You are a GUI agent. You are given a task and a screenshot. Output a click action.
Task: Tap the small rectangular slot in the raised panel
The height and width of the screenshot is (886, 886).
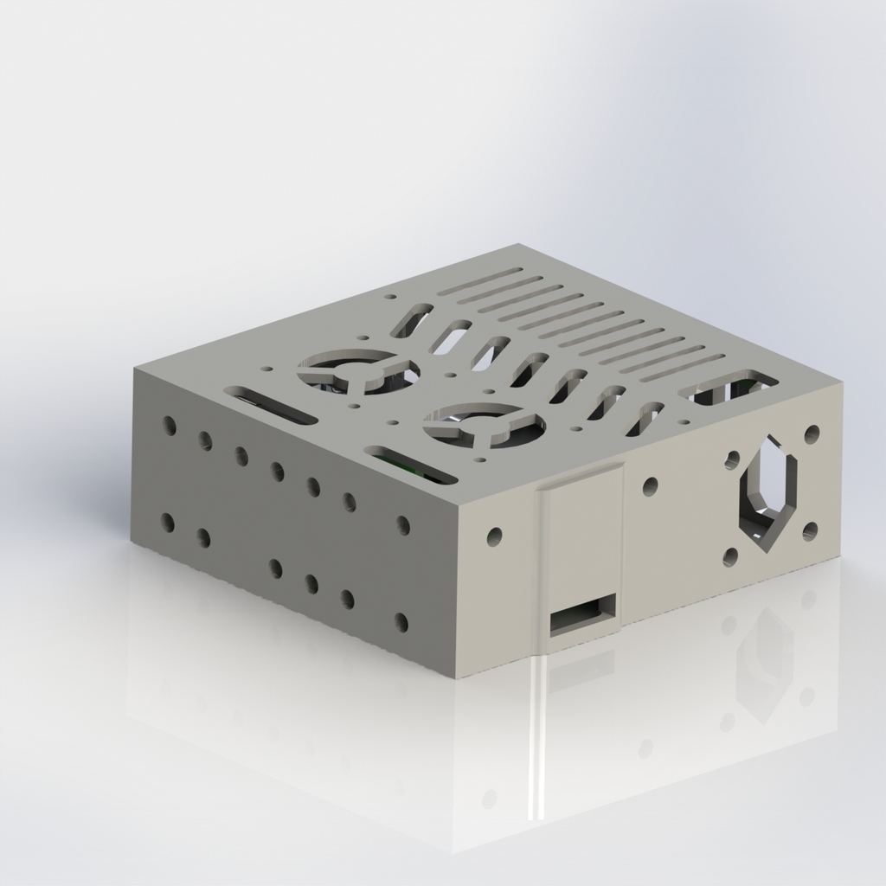point(583,615)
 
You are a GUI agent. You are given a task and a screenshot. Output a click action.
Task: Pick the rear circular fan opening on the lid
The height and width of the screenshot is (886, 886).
point(357,372)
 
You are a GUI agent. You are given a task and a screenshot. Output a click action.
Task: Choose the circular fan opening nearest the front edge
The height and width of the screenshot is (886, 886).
point(484,425)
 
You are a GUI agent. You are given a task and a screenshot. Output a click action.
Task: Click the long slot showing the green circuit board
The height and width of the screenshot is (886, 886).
point(410,465)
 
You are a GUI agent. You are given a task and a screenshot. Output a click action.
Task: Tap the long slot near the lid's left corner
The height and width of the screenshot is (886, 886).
point(271,405)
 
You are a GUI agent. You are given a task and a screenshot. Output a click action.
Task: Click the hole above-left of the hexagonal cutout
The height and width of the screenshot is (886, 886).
point(732,459)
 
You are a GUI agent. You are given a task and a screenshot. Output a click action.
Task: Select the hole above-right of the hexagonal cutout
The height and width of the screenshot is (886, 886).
point(812,434)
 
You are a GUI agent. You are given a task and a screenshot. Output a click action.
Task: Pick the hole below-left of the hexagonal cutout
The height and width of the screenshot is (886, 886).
point(730,557)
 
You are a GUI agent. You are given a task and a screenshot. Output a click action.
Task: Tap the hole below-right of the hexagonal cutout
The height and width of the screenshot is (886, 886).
point(810,530)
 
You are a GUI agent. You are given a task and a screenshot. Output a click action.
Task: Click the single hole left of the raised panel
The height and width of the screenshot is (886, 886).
point(494,536)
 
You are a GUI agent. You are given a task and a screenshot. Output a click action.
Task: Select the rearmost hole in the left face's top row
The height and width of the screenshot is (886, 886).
point(169,425)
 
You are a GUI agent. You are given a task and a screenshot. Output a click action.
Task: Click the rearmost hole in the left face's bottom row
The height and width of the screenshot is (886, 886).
point(167,523)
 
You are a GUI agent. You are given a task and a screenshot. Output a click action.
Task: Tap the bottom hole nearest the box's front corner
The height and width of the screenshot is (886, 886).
point(401,621)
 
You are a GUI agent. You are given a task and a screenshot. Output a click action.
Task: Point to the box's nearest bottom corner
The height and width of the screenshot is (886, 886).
point(453,676)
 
